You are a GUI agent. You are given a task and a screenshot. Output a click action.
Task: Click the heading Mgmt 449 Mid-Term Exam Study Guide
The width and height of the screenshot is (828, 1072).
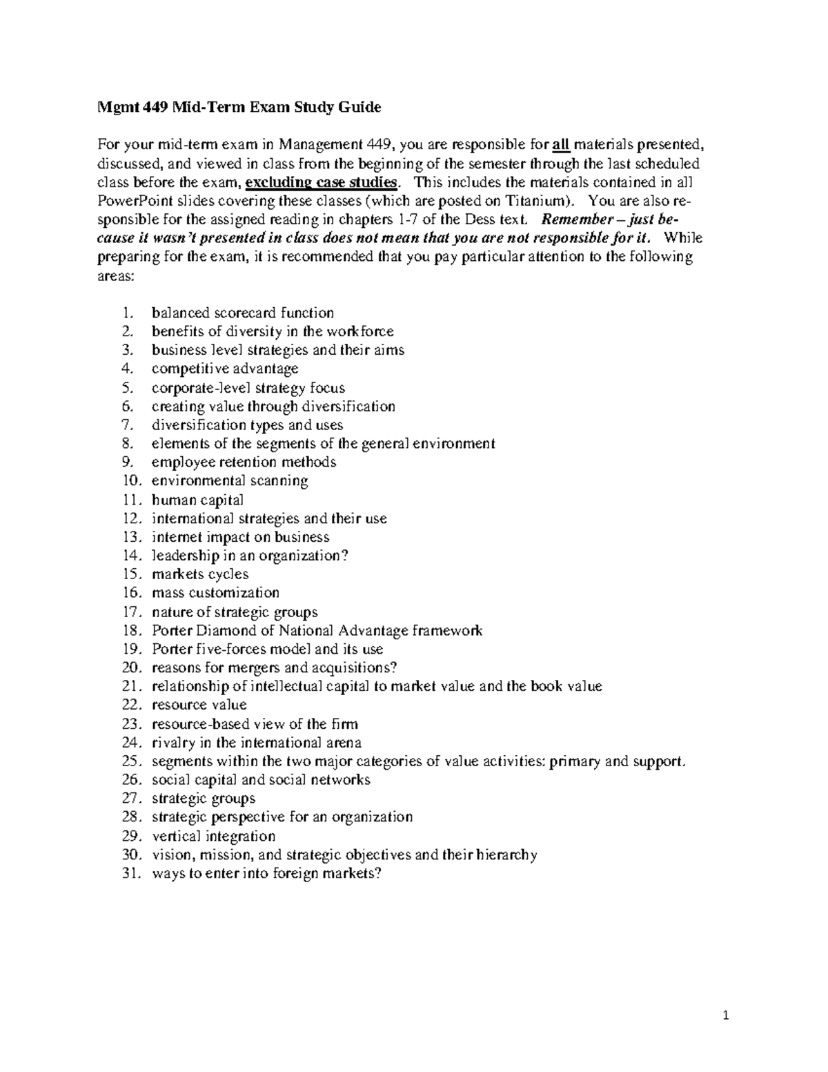coord(238,108)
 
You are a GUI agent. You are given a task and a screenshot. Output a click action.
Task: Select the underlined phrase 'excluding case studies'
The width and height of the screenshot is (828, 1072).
coord(322,182)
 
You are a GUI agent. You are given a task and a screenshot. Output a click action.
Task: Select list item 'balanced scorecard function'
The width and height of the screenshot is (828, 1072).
coord(242,313)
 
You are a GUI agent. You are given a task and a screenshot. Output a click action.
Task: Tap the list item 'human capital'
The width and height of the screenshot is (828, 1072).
coord(197,500)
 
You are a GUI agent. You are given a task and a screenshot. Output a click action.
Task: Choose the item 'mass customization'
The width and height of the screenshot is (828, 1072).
coord(215,593)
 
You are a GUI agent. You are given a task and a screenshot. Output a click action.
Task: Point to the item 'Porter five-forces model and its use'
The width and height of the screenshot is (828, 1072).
coord(267,649)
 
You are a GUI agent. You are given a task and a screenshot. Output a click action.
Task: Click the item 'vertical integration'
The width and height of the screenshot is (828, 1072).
coord(213,836)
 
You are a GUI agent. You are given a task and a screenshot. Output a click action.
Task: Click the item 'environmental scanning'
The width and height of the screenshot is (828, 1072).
coord(229,480)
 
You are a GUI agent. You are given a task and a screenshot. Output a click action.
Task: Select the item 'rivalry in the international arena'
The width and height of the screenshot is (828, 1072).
coord(256,743)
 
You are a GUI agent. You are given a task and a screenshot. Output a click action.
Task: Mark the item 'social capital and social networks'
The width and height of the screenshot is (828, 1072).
coord(261,780)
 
